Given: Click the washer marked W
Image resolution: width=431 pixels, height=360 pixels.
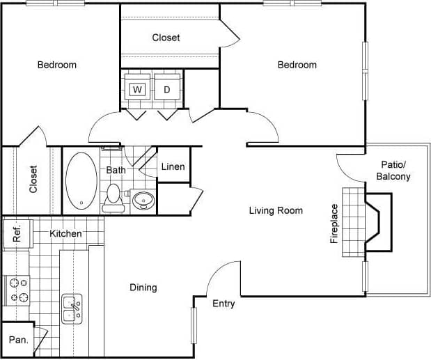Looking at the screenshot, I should click(x=138, y=89).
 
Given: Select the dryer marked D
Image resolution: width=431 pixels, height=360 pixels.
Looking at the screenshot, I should click(x=167, y=89).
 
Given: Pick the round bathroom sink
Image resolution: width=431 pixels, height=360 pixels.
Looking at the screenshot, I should click(x=143, y=201).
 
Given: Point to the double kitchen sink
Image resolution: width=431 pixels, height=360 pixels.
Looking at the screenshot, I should click(x=72, y=308).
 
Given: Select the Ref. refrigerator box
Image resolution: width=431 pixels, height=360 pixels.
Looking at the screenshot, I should click(x=17, y=233).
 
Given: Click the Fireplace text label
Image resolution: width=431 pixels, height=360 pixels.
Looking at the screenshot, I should click(x=334, y=224).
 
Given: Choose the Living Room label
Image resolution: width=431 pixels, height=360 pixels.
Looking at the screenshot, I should click(x=276, y=210).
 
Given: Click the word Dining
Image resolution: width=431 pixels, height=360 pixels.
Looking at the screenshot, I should click(x=143, y=287).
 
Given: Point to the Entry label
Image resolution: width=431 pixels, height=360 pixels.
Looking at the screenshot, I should click(x=224, y=304).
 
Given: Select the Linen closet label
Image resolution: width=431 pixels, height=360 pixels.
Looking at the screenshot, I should click(x=173, y=167).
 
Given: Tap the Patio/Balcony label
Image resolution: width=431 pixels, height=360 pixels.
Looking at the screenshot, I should click(x=393, y=171).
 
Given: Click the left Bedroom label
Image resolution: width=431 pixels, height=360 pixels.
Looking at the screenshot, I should click(x=57, y=65).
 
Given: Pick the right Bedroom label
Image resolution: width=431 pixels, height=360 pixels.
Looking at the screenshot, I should click(x=297, y=65).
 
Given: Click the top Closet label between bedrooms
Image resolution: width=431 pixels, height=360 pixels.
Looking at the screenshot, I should click(x=166, y=38).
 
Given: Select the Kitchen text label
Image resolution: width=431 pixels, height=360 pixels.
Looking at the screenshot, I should click(x=65, y=234).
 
